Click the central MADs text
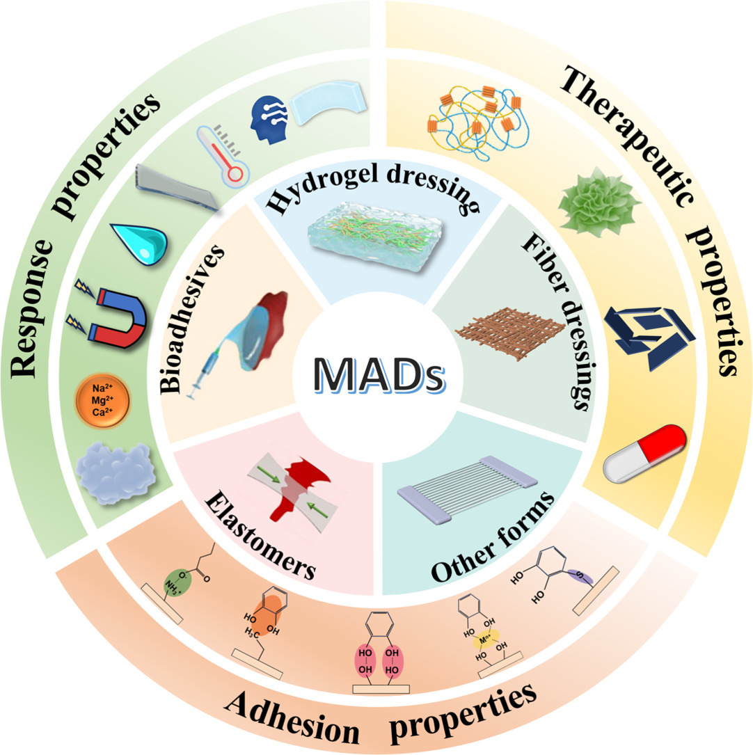coord(376,376)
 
